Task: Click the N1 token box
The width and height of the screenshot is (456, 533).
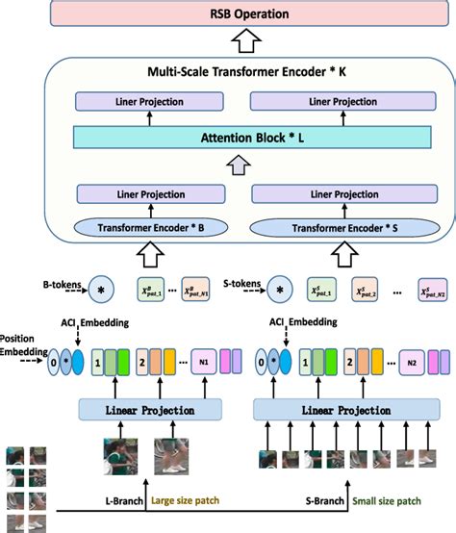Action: point(204,364)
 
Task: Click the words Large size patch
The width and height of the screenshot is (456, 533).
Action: point(195,501)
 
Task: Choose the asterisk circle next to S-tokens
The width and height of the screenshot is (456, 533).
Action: point(280,287)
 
